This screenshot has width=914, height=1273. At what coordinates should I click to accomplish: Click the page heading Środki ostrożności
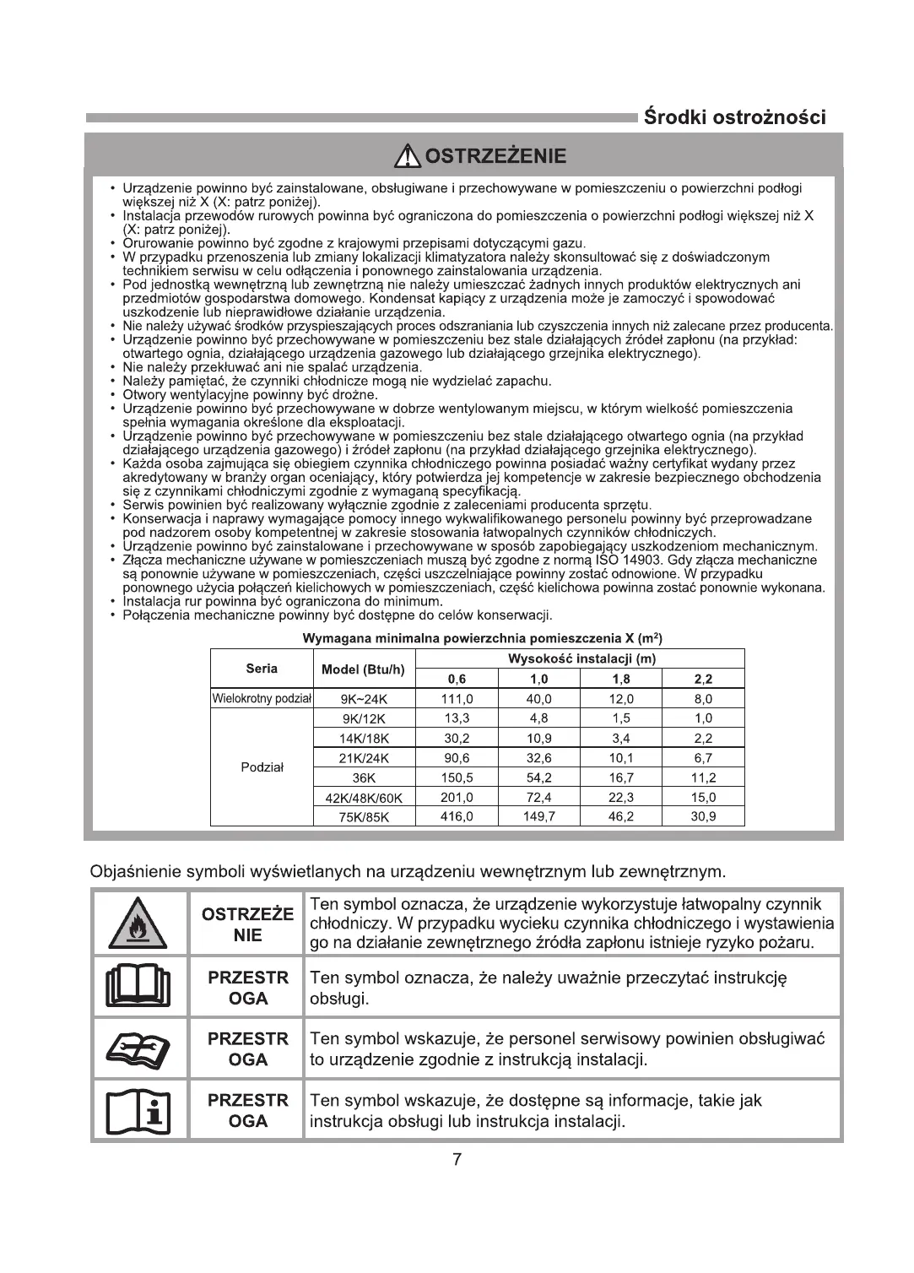click(x=734, y=116)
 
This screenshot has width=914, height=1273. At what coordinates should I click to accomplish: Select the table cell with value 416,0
click(x=457, y=816)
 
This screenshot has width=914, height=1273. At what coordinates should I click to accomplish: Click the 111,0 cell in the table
click(x=457, y=699)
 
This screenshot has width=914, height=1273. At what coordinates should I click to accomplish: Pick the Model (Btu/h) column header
click(x=363, y=669)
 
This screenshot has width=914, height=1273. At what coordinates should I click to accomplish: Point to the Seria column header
click(x=262, y=669)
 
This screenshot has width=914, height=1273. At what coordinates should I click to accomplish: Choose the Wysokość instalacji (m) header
click(x=581, y=658)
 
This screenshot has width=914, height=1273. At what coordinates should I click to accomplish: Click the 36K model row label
click(x=363, y=777)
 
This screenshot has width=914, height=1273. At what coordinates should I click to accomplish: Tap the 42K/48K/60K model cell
click(x=363, y=798)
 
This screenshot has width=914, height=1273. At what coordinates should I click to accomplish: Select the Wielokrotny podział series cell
click(x=262, y=699)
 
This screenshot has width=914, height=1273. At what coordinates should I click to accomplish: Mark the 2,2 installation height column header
click(x=703, y=679)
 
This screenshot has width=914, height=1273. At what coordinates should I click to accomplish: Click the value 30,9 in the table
click(x=703, y=816)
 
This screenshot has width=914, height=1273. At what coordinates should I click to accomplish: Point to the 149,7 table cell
click(x=538, y=816)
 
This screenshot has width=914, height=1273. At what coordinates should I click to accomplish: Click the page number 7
click(x=457, y=1160)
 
